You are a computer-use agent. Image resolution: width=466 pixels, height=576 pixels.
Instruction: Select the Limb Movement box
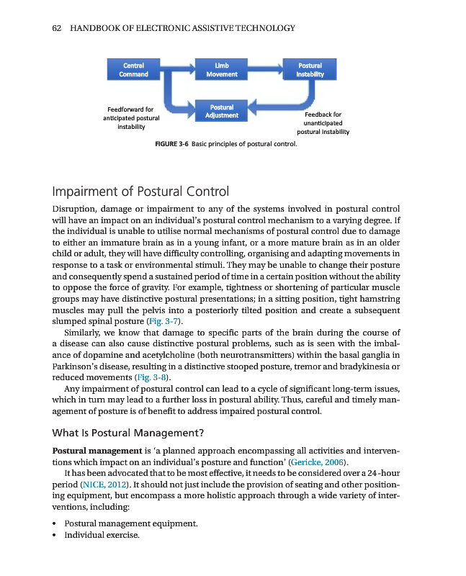222,69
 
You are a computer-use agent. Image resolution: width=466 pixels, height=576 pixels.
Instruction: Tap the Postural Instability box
310,69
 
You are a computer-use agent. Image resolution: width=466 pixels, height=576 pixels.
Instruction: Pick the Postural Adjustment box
222,111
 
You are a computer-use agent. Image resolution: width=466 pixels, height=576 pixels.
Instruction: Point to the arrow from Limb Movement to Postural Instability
266,69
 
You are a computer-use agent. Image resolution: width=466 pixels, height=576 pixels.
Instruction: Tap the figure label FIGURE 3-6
172,144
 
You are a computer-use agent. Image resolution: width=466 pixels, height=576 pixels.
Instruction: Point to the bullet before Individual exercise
55,536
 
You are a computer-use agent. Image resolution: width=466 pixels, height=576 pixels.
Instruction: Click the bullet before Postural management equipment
55,523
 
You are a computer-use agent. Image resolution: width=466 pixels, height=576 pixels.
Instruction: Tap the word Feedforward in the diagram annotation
125,110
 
